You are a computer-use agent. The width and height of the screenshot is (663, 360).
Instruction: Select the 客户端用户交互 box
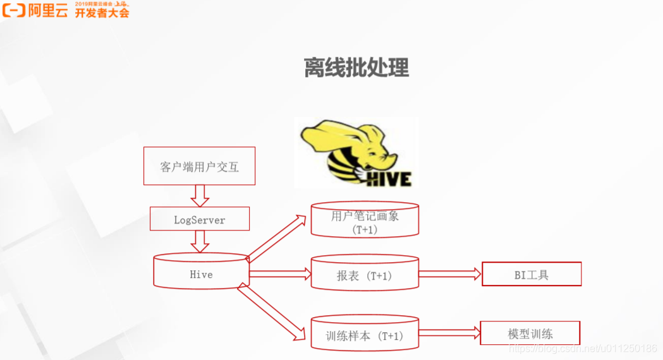(x=199, y=166)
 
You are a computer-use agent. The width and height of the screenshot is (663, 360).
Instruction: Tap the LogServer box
(x=199, y=219)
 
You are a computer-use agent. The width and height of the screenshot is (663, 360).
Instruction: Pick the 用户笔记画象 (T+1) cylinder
(x=365, y=222)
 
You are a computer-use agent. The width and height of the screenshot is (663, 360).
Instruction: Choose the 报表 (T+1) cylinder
(x=365, y=275)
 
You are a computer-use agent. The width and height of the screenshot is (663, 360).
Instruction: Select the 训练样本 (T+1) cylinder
(x=365, y=335)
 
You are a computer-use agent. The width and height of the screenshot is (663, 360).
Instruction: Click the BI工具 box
(x=531, y=275)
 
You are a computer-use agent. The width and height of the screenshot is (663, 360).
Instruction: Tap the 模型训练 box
(x=530, y=333)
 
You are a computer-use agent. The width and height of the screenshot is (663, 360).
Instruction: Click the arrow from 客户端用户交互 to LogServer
(x=200, y=196)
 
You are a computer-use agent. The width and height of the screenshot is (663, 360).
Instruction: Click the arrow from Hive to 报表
(x=280, y=274)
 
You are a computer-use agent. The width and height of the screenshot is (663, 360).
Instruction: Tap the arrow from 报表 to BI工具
(x=450, y=274)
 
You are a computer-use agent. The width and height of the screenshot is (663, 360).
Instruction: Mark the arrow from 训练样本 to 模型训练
(x=449, y=333)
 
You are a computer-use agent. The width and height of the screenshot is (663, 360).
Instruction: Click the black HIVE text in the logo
(x=389, y=178)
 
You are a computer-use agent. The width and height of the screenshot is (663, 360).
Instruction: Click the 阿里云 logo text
(x=47, y=10)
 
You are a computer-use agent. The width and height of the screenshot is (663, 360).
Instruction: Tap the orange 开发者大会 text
(x=102, y=13)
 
